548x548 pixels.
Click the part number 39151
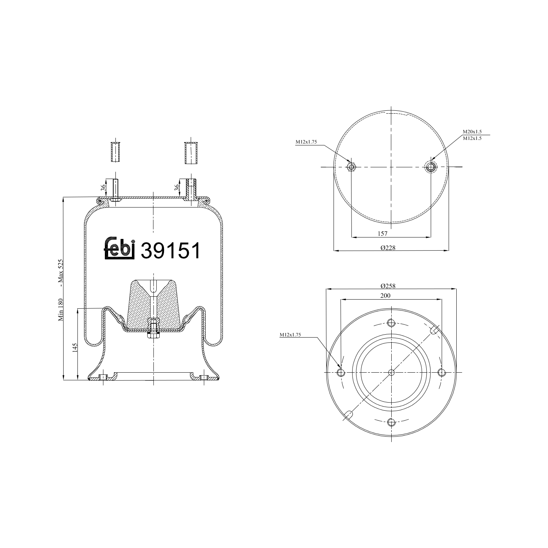(x=171, y=251)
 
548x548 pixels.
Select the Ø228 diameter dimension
(x=388, y=247)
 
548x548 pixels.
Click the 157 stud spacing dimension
(x=383, y=233)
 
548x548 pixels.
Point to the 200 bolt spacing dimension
(x=385, y=296)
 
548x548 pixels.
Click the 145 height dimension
(x=75, y=347)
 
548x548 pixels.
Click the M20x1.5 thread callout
(x=472, y=132)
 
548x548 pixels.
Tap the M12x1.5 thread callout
(x=472, y=138)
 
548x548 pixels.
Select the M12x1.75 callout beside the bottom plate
(x=290, y=334)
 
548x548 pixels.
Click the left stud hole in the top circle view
(x=351, y=167)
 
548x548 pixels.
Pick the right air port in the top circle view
(x=431, y=167)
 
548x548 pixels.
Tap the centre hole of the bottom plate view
(x=391, y=373)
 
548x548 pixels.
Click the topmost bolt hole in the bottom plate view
(x=391, y=323)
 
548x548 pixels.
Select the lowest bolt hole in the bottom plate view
(x=391, y=422)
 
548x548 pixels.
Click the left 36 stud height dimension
(x=104, y=188)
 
